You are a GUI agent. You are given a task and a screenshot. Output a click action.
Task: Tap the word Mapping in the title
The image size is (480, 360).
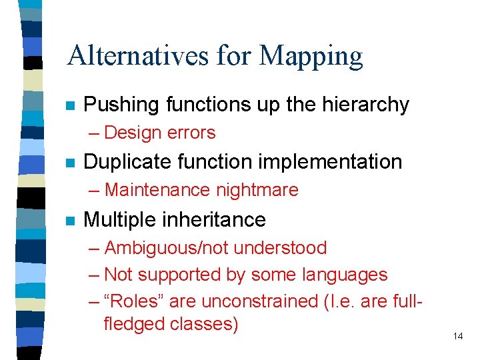click(311, 57)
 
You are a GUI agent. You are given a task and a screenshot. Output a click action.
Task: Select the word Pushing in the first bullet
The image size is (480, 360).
click(123, 105)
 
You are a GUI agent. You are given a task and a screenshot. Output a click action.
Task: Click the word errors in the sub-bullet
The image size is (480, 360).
click(192, 133)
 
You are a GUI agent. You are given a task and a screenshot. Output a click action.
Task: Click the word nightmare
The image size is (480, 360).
click(257, 190)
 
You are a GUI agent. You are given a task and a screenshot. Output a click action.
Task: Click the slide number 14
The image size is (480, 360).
click(457, 336)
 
